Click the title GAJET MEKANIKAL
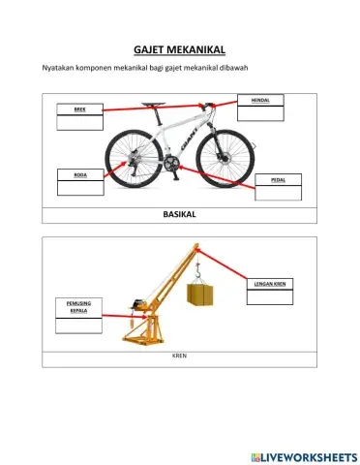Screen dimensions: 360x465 pos(179,49)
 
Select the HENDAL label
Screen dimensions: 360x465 pos(260,100)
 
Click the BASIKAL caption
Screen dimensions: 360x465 pos(180,213)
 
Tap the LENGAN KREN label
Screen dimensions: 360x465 pos(269,283)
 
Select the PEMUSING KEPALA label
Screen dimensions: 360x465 pos(77,307)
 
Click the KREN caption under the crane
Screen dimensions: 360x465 pos(179,356)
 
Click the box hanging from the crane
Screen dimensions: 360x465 pos(201,294)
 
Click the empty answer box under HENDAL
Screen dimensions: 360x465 pos(260,112)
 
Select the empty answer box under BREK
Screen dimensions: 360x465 pos(80,122)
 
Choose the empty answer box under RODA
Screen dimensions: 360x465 pos(80,187)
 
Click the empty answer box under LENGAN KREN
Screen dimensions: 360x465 pos(269,296)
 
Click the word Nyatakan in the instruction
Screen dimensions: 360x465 pos(58,66)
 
